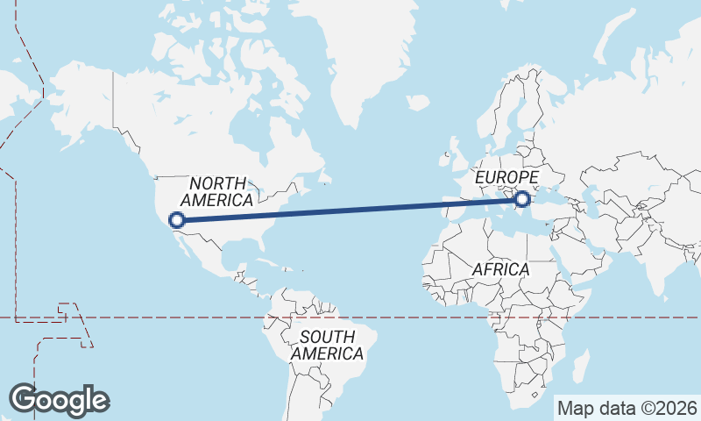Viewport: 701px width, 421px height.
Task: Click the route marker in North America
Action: [x=177, y=220]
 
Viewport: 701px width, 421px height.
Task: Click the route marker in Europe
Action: [x=523, y=199]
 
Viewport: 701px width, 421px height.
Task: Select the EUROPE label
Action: [x=506, y=178]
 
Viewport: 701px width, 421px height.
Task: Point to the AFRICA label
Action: [x=500, y=269]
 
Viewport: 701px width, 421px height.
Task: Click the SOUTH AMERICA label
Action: [x=327, y=345]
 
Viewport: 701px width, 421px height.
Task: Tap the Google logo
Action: [x=59, y=400]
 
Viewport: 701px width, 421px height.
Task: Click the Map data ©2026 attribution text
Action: [x=627, y=408]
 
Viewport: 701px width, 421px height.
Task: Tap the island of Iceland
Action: [x=419, y=103]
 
